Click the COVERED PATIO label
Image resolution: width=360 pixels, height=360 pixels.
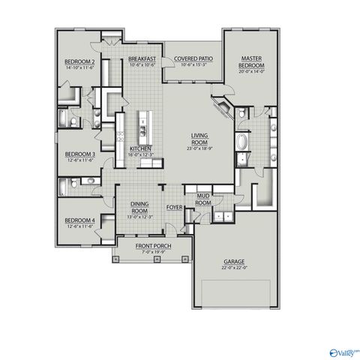point(191,58)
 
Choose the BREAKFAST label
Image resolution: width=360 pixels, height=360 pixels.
point(141,58)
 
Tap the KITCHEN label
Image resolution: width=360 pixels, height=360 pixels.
point(141,148)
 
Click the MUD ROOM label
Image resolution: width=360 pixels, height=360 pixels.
point(202,198)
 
